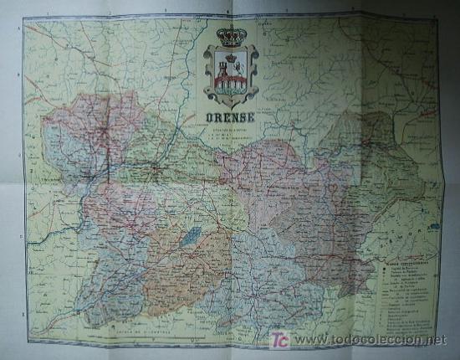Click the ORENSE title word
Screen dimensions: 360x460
230,116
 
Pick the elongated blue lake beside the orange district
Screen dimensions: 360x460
192,236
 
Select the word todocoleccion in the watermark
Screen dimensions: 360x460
360,340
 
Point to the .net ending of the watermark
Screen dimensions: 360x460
436,340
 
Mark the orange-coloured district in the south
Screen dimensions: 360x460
176,268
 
